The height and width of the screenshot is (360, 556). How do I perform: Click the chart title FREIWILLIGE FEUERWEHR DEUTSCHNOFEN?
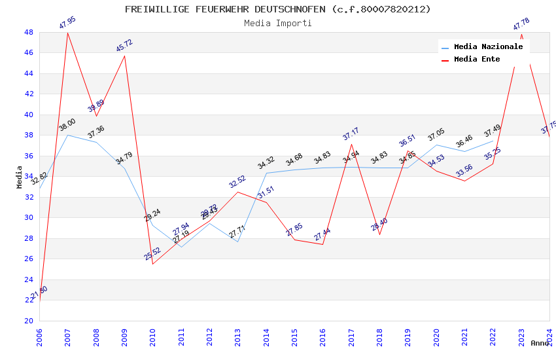coord(278,9)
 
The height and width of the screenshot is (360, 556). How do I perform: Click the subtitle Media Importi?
coord(278,23)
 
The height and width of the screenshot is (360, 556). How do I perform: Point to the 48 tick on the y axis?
coord(28,32)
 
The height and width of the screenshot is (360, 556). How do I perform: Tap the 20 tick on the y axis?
coord(28,321)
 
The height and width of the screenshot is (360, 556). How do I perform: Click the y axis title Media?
coord(20,177)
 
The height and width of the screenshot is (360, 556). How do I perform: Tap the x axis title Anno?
coord(540,343)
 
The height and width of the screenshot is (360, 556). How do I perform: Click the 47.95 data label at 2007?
coord(67,23)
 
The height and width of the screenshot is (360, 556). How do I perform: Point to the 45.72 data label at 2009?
coord(124,46)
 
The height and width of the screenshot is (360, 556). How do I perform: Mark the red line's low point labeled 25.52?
coord(153,264)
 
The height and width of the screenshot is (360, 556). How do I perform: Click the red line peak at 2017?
coord(351,144)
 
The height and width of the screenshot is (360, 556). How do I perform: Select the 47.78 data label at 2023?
coord(521,24)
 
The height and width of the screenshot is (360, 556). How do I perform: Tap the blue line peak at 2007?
coord(67,135)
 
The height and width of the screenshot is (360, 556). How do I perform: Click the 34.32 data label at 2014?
coord(266,164)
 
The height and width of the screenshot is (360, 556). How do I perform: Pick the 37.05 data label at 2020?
coord(436,135)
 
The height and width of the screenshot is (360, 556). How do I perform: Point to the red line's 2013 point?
coord(238,192)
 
